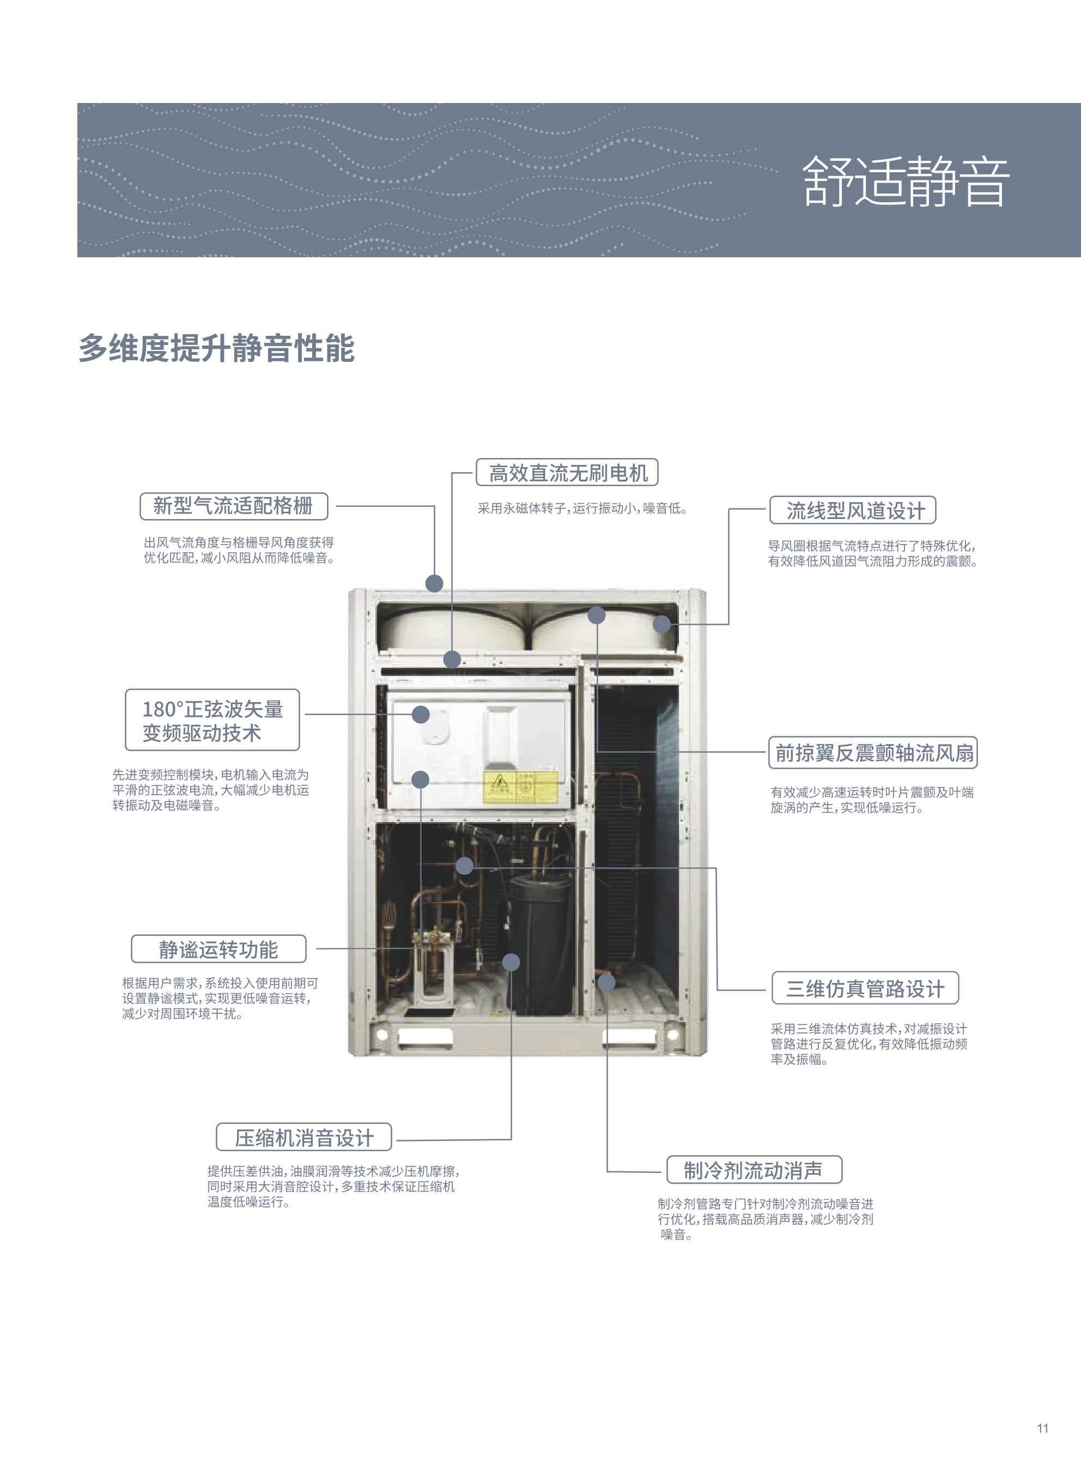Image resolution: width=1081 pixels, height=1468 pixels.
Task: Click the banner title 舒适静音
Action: pyautogui.click(x=906, y=182)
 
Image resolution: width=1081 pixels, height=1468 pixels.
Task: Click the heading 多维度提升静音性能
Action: pyautogui.click(x=217, y=348)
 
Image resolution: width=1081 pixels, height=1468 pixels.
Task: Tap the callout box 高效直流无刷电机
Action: pyautogui.click(x=567, y=473)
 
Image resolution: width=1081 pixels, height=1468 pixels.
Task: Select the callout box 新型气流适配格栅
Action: pyautogui.click(x=234, y=506)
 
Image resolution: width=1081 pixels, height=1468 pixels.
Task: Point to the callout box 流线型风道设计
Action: pyautogui.click(x=853, y=510)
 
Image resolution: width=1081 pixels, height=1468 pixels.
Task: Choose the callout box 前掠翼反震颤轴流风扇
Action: pyautogui.click(x=873, y=753)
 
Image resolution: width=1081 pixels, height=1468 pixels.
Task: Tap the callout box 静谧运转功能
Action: pyautogui.click(x=218, y=949)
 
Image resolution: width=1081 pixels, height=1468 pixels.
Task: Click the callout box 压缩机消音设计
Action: pyautogui.click(x=303, y=1138)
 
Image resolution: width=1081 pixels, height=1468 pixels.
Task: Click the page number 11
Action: pyautogui.click(x=1042, y=1428)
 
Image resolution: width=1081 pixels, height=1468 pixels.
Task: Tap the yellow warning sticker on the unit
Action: pyautogui.click(x=520, y=787)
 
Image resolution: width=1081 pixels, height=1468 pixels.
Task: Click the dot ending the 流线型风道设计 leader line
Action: pyautogui.click(x=661, y=624)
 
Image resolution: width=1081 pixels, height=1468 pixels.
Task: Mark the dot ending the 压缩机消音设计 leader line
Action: pyautogui.click(x=511, y=962)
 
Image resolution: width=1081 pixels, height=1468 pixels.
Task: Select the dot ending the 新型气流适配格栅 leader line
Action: pyautogui.click(x=434, y=583)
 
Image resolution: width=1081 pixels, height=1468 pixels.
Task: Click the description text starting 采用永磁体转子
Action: pyautogui.click(x=582, y=509)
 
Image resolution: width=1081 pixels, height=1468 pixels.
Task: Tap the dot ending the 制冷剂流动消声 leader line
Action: pyautogui.click(x=606, y=982)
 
